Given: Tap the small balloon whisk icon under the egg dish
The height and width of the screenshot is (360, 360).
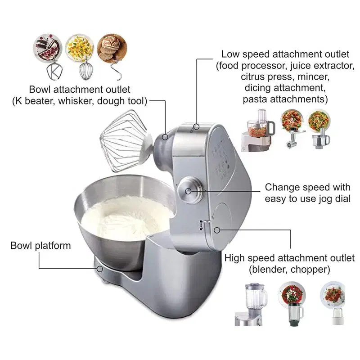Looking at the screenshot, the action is point(85,71).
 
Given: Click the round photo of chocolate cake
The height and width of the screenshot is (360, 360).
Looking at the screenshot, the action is point(48,48).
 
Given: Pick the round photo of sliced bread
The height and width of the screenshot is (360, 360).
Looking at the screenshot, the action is point(112,49).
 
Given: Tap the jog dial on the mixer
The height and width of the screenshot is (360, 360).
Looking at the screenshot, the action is point(190,190).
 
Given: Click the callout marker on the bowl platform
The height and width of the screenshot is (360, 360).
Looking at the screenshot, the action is point(99,269).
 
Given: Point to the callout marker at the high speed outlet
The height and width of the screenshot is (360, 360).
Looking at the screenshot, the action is point(217,230).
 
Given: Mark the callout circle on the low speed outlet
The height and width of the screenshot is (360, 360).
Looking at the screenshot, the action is point(196,126).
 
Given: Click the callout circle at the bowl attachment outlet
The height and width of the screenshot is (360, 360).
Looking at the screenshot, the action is point(165,137).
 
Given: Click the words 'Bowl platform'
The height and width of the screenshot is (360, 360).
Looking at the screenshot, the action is point(40,246).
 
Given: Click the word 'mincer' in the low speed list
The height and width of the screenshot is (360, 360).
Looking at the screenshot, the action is point(313,77).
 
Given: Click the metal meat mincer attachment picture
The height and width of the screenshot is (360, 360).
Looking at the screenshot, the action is point(293,139).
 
